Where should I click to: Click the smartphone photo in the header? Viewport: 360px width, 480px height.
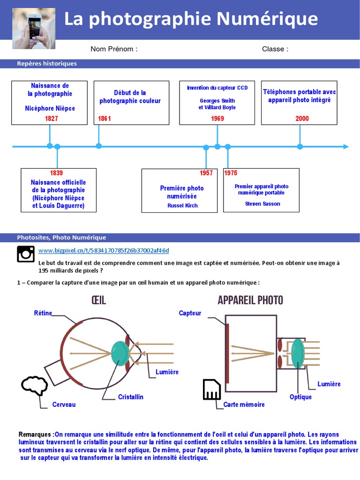[33, 29]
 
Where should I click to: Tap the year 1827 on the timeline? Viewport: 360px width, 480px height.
[52, 119]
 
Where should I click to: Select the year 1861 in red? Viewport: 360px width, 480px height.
[105, 119]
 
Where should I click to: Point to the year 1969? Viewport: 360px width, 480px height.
[217, 119]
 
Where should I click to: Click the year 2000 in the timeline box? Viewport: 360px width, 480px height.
[302, 119]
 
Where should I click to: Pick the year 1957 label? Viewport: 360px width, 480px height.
[206, 173]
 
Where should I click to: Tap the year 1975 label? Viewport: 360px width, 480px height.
[231, 173]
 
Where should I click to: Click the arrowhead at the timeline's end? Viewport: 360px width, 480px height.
[346, 147]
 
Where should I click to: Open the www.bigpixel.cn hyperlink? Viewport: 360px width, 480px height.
[104, 250]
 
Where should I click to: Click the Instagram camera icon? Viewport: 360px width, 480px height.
[26, 254]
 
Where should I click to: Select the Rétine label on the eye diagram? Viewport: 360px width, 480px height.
[43, 313]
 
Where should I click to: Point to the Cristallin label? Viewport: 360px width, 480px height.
[131, 397]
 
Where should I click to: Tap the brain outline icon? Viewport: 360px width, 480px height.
[34, 386]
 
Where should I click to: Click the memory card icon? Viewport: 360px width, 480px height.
[212, 390]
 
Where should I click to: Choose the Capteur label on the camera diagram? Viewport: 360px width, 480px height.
[190, 313]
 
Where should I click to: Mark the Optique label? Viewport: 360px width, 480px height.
[300, 397]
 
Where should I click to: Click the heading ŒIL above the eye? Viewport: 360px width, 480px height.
[98, 300]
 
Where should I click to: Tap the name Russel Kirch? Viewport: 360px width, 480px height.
[182, 205]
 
